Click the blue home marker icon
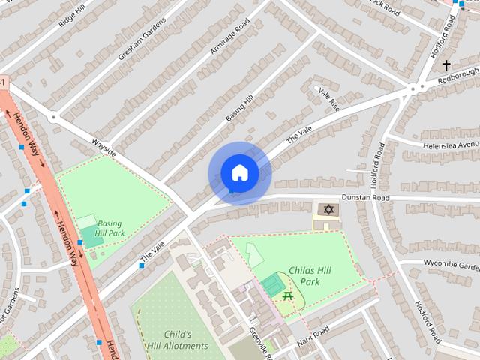(239, 172)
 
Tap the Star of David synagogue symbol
(327, 209)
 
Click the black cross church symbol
(447, 65)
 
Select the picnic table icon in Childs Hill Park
(288, 297)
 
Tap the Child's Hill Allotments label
(177, 340)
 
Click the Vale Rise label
(328, 99)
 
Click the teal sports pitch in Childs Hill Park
(271, 284)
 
